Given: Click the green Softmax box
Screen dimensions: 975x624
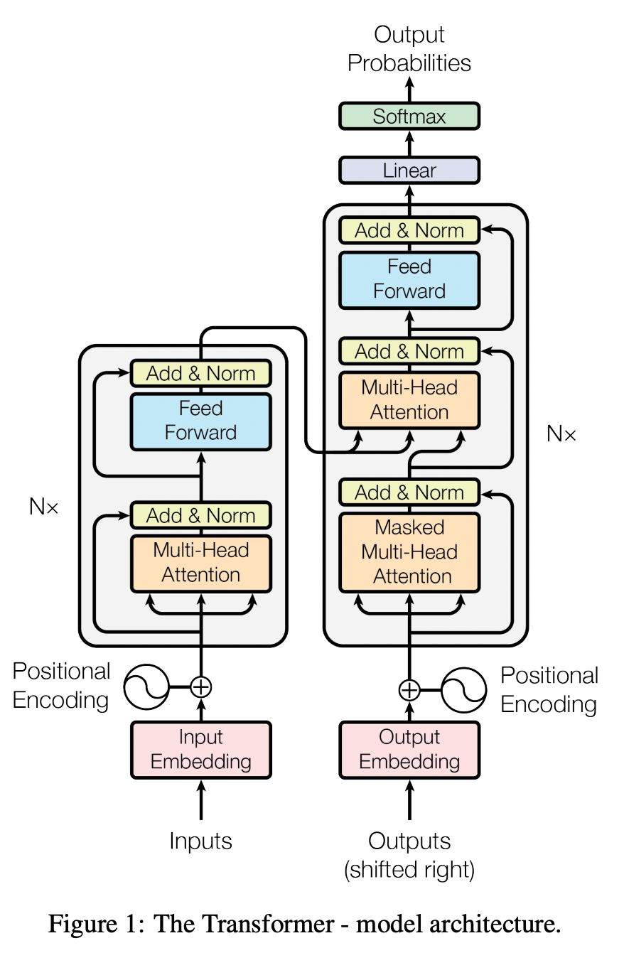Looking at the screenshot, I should coord(409,117).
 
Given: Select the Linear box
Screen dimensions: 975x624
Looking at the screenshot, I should coord(409,171).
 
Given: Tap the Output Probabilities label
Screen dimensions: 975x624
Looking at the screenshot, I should coord(409,48).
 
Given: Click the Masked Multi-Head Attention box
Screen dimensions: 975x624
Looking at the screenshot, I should coord(409,552).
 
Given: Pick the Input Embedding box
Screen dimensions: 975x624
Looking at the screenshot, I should coord(201,750).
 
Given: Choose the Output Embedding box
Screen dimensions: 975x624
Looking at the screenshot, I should coord(409,750).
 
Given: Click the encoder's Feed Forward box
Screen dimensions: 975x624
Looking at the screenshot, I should coord(201,421).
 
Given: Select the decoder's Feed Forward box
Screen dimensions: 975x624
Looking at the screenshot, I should coord(409,279).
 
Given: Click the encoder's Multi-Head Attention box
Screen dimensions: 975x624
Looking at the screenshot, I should coord(201,563).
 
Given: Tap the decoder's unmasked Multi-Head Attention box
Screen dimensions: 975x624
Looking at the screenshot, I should coord(409,400).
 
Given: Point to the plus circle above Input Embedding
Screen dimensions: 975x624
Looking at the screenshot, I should coord(201,686).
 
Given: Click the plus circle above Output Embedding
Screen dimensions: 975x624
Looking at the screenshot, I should coord(409,690).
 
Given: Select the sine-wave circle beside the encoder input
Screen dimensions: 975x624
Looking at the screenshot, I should coord(146,686).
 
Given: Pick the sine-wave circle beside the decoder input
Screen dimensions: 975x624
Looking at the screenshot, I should coord(464,690).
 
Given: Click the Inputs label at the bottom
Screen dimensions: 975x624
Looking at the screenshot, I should coord(201,841).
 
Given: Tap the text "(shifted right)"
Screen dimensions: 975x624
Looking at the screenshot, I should coord(409,869).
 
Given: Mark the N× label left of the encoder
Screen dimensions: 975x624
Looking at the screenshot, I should coord(44,507).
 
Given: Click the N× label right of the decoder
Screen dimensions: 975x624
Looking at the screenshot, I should coord(561,433).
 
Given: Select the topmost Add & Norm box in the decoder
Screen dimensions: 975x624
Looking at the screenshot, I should coord(409,230).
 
